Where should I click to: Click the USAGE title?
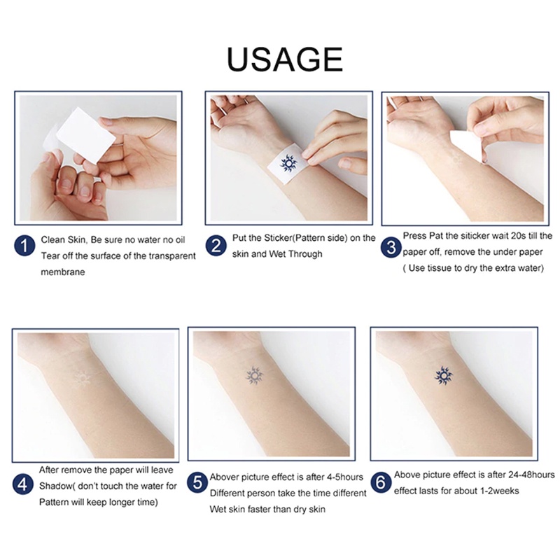click(x=284, y=59)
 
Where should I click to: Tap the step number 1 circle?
click(x=24, y=246)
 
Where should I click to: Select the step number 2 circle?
click(x=215, y=246)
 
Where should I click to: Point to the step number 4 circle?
click(x=24, y=483)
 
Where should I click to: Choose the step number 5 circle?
click(x=198, y=483)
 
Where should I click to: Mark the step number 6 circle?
click(x=381, y=483)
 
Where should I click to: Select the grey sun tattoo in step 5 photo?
click(x=253, y=377)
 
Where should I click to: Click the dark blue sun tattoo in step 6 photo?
click(x=444, y=376)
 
